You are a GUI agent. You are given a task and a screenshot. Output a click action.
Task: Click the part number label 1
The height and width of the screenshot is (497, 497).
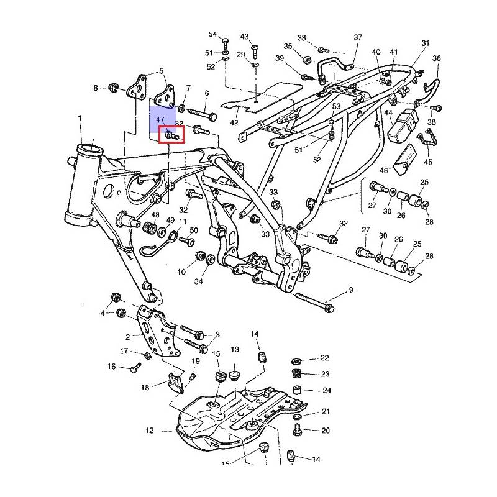click(x=80, y=118)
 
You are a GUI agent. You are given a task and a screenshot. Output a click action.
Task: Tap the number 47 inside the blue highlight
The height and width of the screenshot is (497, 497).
click(x=160, y=120)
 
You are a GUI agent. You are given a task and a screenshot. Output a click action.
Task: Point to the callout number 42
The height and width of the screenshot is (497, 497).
click(x=234, y=122)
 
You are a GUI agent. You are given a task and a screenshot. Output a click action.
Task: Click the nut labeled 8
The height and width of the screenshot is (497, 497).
click(x=113, y=87)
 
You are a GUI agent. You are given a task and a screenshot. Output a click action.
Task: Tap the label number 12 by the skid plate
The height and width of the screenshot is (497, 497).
click(x=150, y=431)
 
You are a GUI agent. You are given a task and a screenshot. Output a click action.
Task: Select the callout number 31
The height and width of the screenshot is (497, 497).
click(x=425, y=43)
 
